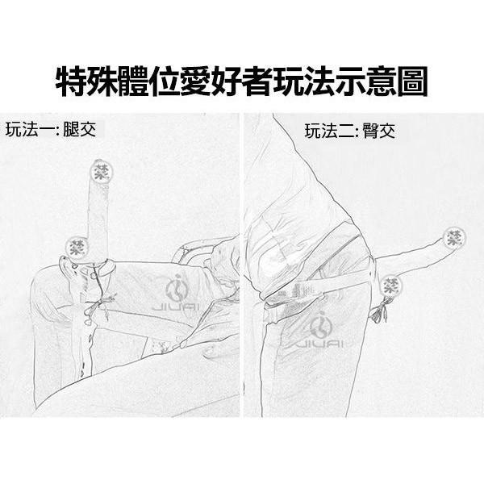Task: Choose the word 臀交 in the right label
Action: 378,131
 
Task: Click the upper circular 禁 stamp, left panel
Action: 102,171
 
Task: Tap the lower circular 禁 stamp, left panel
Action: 76,244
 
